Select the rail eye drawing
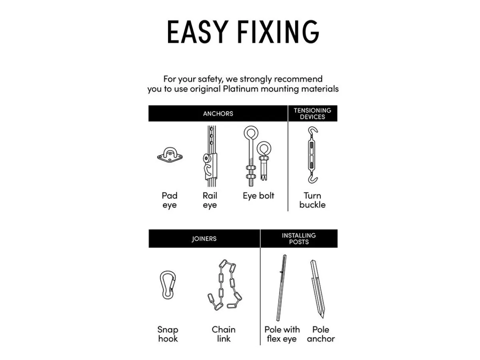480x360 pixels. [210, 156]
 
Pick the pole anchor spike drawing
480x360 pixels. [317, 288]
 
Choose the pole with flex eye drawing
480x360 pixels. [281, 288]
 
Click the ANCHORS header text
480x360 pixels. [218, 114]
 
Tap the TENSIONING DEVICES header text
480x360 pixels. [312, 114]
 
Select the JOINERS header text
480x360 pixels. [204, 238]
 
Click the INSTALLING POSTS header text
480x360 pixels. [299, 238]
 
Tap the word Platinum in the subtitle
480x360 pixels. [240, 89]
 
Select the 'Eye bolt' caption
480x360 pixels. [258, 196]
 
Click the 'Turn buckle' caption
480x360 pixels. [312, 200]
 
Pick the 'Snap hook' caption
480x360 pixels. [168, 334]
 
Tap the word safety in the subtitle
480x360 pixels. [210, 79]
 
